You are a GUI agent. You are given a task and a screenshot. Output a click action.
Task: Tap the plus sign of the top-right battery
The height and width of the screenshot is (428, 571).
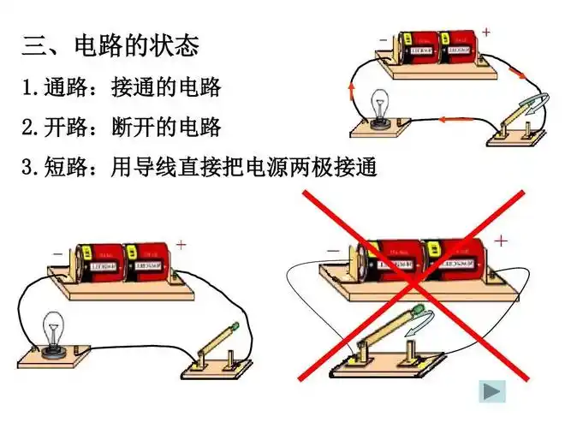[x=486, y=33]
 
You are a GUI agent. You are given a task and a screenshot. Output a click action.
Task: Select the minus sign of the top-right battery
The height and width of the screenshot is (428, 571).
[x=382, y=39]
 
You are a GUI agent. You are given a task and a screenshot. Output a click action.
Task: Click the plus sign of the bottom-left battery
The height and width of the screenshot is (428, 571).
[x=181, y=245]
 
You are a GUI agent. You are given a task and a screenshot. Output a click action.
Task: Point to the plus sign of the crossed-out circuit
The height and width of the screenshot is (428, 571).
[x=501, y=241]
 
